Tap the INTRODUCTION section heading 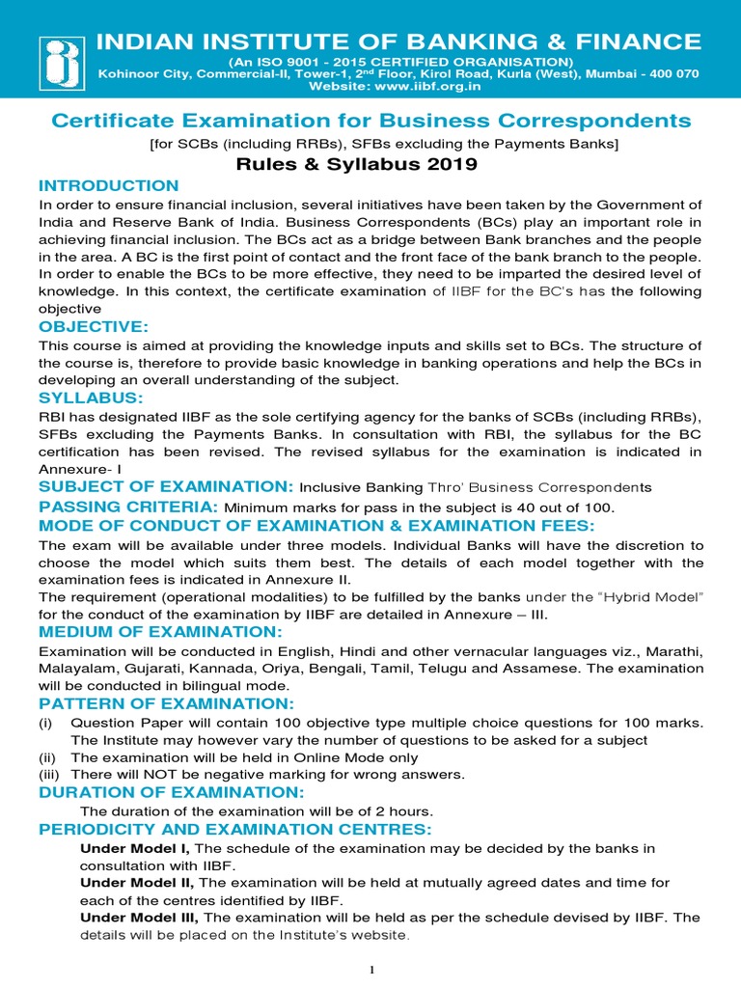(x=108, y=185)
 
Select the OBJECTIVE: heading (x=93, y=327)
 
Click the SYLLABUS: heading (x=91, y=398)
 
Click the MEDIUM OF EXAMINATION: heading (x=159, y=631)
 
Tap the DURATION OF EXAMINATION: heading (x=171, y=792)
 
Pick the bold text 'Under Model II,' (x=138, y=883)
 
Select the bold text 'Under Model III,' (x=140, y=917)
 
